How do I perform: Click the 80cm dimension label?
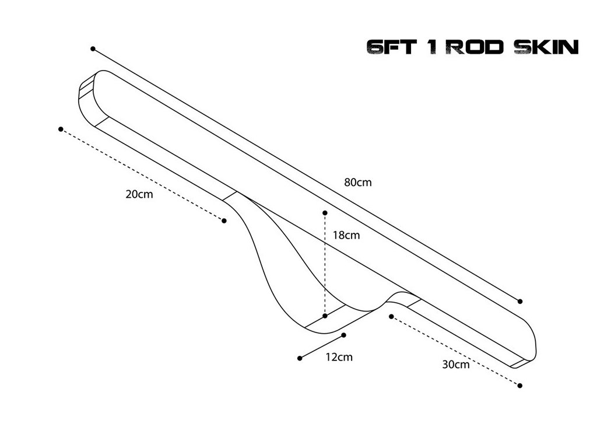357,182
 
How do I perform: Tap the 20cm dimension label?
139,194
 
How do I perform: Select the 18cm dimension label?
346,236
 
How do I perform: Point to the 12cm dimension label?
339,357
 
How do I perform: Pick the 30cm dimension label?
455,365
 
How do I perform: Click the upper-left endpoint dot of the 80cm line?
93,49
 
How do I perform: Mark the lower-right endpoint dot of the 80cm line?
520,302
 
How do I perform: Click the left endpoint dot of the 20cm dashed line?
61,129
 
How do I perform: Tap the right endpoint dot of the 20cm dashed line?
224,220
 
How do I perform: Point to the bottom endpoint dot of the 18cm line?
325,316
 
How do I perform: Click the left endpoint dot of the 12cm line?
300,358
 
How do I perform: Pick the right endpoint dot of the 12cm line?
345,335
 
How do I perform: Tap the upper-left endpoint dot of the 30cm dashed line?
391,316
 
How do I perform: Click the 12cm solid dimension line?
322,346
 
